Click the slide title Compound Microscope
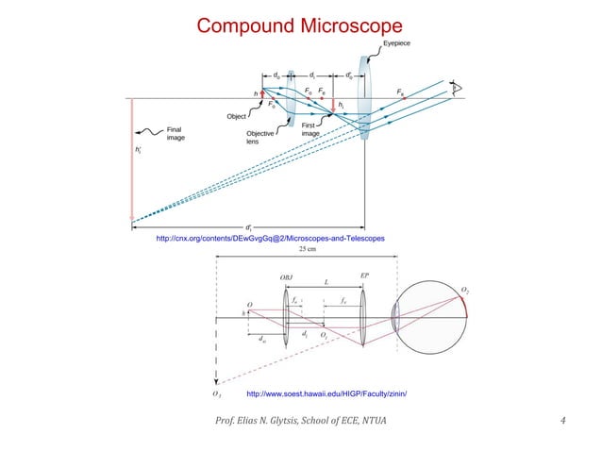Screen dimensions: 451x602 pos(299,24)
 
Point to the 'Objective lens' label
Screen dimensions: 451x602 pos(260,138)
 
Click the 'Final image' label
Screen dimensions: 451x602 pos(176,133)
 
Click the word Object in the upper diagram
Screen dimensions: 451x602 pos(237,115)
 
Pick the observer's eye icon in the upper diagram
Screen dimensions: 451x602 pos(460,88)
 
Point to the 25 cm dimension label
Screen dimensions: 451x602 pos(309,250)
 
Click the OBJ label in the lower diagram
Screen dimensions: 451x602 pos(287,276)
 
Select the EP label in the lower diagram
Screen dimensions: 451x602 pos(365,274)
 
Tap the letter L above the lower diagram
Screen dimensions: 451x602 pos(326,282)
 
